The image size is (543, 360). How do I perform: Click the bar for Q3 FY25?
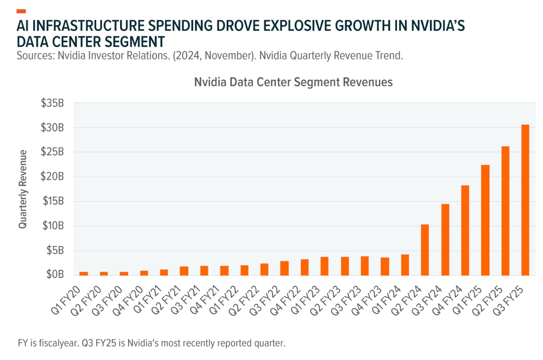[525, 199]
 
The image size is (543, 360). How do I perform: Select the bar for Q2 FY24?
[425, 249]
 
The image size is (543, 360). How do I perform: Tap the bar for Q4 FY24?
[465, 230]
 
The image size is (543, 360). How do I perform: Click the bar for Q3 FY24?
[445, 239]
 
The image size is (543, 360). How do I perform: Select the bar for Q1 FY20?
[84, 273]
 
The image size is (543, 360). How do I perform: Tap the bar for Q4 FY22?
[304, 267]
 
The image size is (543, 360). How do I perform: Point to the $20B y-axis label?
[52, 176]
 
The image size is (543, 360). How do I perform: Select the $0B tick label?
[55, 275]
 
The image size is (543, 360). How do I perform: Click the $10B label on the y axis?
[52, 226]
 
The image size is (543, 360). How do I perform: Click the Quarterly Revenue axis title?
[22, 189]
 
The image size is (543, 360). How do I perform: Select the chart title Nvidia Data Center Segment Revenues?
[293, 82]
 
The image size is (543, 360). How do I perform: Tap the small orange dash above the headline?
[21, 11]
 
